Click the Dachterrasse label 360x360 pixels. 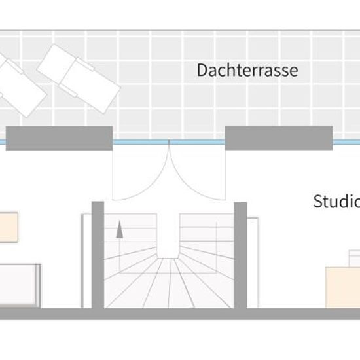pyautogui.click(x=247, y=70)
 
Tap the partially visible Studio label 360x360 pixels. pyautogui.click(x=336, y=202)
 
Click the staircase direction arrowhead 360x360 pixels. pyautogui.click(x=119, y=229)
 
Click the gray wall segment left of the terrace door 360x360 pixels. pyautogui.click(x=59, y=138)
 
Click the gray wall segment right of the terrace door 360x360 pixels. pyautogui.click(x=279, y=138)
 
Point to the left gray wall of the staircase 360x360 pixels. pyautogui.click(x=98, y=255)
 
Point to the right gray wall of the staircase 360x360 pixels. pyautogui.click(x=240, y=255)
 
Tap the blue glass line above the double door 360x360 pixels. pyautogui.click(x=169, y=142)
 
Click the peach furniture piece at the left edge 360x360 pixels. pyautogui.click(x=9, y=227)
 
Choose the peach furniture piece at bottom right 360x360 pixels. pyautogui.click(x=343, y=287)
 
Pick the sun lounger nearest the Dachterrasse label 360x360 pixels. pyautogui.click(x=79, y=79)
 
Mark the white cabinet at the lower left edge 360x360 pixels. pyautogui.click(x=20, y=285)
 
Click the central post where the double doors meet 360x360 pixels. pyautogui.click(x=169, y=143)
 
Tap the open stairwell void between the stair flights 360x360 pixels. pyautogui.click(x=168, y=236)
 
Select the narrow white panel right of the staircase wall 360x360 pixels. pyautogui.click(x=253, y=262)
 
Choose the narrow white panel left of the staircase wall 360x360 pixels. pyautogui.click(x=87, y=261)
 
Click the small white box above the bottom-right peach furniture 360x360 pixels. pyautogui.click(x=355, y=259)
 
